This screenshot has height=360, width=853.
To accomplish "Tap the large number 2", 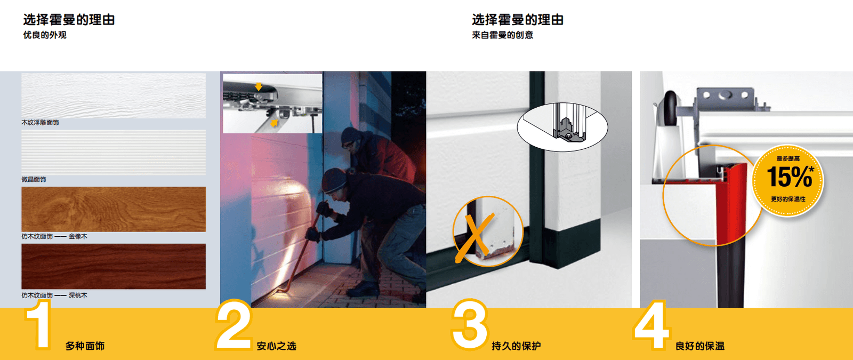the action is coord(234,325).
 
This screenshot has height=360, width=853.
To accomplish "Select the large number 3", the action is coord(470,325).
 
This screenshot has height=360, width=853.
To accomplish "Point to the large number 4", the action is coord(651,325).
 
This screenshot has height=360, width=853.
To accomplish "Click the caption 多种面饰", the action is coord(85,346).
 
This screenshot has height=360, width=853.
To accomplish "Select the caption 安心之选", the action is coord(277,346).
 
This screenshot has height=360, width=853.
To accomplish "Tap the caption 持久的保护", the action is coord(516,346).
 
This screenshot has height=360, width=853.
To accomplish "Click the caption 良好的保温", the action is coord(700,346).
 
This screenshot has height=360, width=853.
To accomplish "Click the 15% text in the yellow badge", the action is coord(790,177).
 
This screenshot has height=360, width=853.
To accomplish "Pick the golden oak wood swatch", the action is coord(114,209).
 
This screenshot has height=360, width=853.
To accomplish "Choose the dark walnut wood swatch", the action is coord(114,266).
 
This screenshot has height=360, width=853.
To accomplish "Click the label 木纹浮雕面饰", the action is coord(40,122).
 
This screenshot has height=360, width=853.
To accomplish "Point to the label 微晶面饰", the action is coord(34,179).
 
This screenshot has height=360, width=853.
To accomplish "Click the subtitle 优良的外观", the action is coord(45,35).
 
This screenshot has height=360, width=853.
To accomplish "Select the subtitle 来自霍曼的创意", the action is coord(502,35).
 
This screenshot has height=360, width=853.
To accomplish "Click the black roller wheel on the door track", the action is coord(670,108).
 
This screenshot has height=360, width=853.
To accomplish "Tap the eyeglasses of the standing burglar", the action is coord(348,144).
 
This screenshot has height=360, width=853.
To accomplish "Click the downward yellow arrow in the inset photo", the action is coord(259,86).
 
